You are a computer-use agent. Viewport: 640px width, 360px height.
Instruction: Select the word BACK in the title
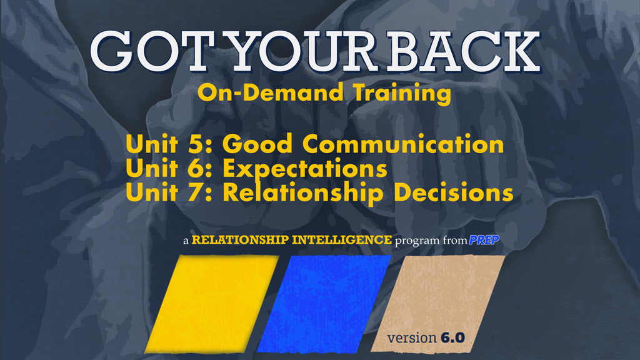(x=463, y=51)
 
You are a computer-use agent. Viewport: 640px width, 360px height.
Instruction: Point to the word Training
(x=402, y=94)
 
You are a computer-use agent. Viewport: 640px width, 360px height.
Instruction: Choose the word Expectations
(x=305, y=169)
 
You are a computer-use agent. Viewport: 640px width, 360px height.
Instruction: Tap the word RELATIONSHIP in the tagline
(x=241, y=239)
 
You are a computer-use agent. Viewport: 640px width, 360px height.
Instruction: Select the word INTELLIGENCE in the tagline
(x=342, y=239)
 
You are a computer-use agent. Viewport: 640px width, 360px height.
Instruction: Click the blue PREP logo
(x=484, y=240)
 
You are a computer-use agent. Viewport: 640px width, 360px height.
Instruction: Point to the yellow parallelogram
(x=212, y=304)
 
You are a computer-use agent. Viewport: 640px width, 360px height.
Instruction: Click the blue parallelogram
(x=324, y=304)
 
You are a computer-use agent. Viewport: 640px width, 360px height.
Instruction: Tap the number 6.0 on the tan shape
(x=452, y=337)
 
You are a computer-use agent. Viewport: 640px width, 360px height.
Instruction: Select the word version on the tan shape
(x=412, y=338)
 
